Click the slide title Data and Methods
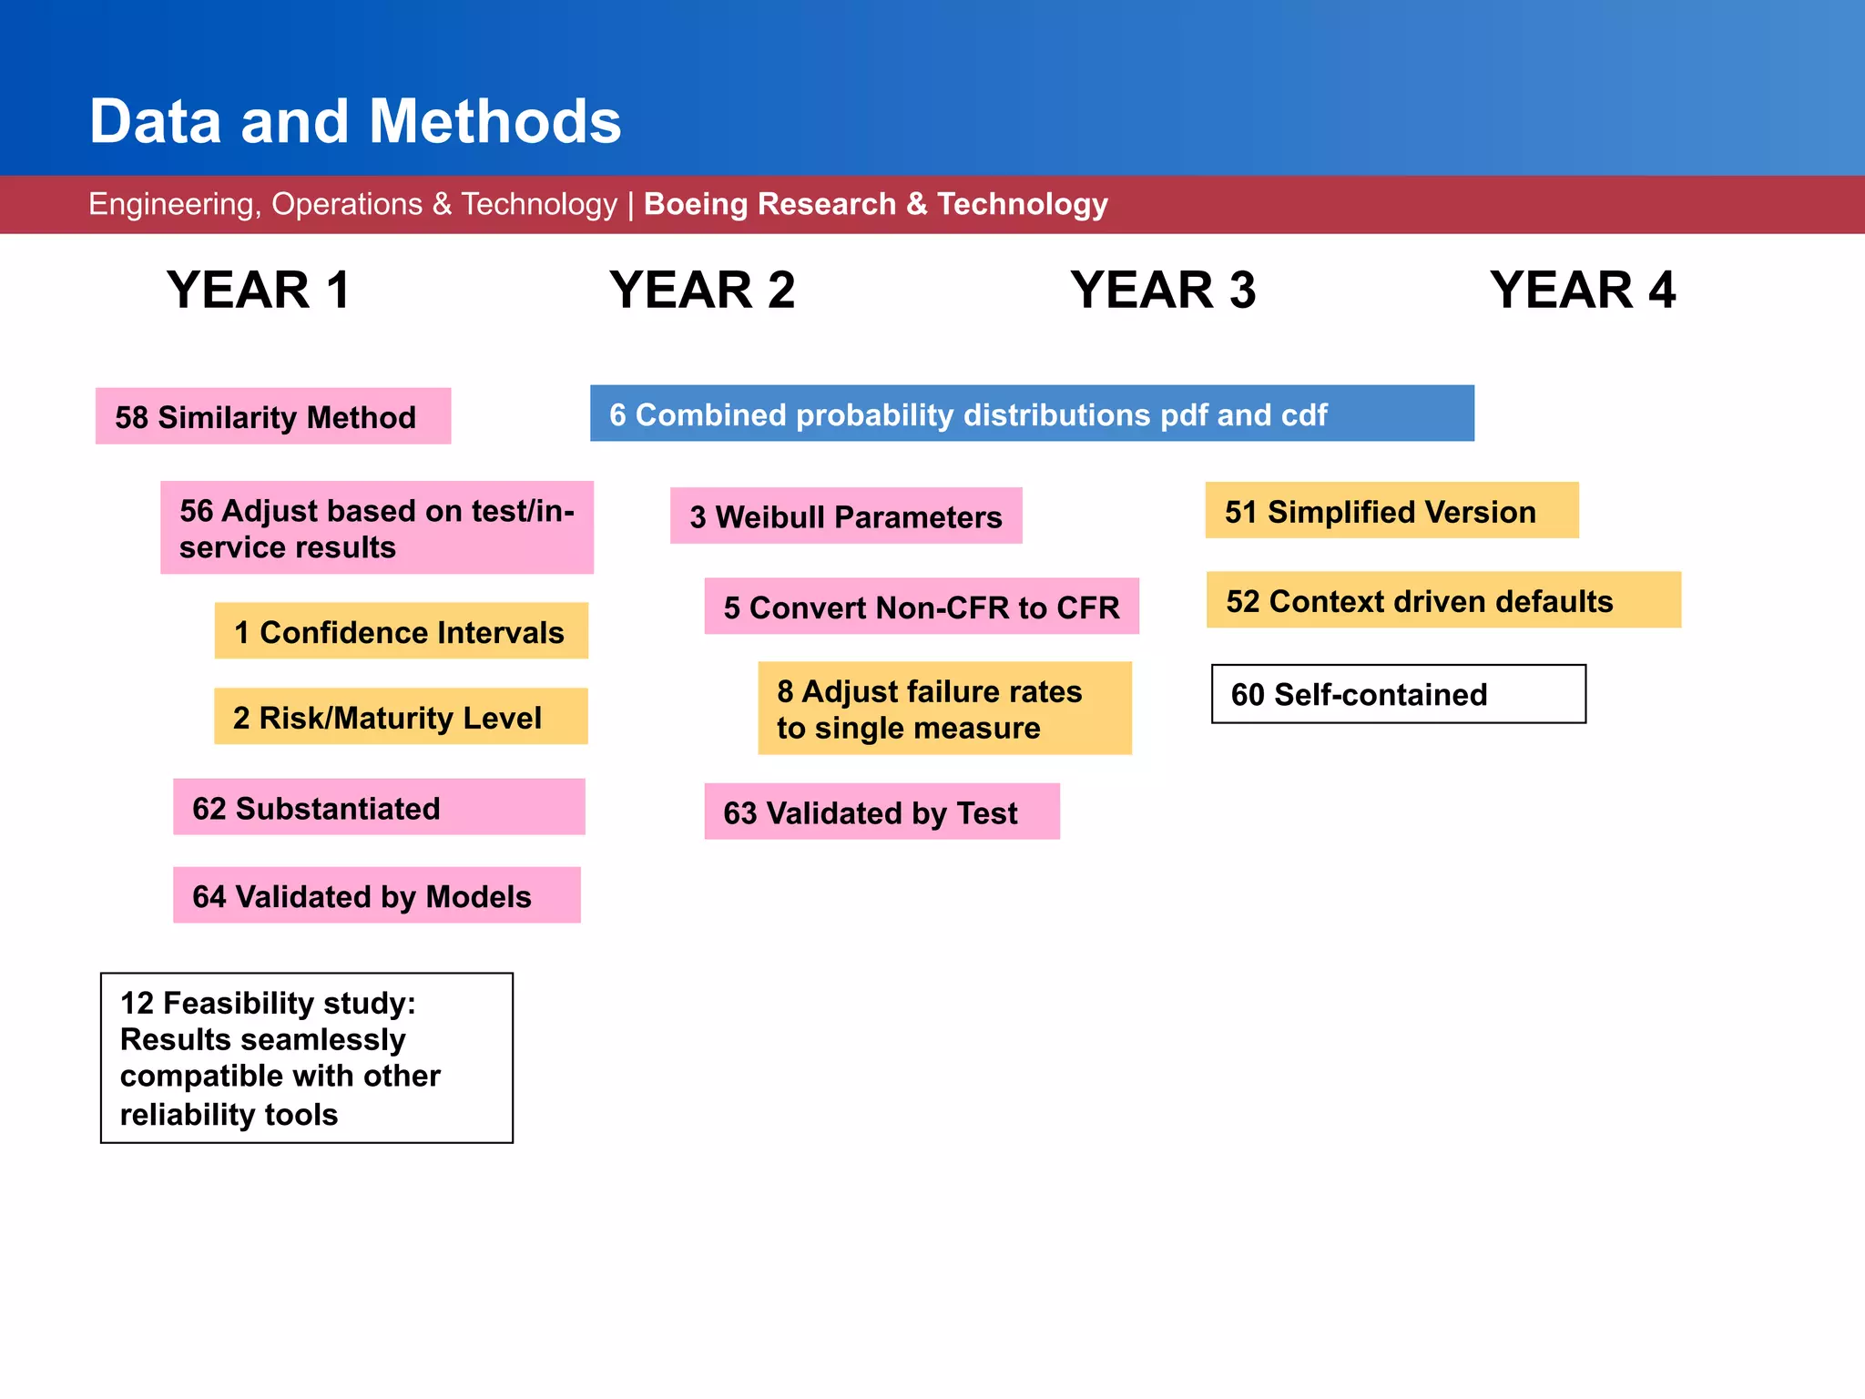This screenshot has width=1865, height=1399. (x=355, y=121)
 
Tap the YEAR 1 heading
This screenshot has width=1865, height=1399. (x=259, y=291)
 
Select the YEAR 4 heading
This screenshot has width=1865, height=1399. (x=1583, y=291)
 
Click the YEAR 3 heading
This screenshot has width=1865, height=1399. (x=1163, y=291)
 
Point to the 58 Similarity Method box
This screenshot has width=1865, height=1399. (x=273, y=417)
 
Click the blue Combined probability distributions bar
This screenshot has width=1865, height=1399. (x=1032, y=414)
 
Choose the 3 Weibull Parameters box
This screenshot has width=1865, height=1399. (x=846, y=516)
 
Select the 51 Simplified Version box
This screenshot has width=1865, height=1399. (x=1391, y=511)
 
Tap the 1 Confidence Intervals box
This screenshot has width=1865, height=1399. (x=401, y=631)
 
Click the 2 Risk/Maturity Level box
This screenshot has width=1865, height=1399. (x=401, y=717)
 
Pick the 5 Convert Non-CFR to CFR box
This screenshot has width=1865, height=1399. (x=922, y=607)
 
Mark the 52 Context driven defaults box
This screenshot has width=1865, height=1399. (x=1443, y=600)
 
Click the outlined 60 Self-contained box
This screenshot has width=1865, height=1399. (x=1399, y=694)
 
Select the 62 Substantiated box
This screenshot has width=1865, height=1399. (x=379, y=807)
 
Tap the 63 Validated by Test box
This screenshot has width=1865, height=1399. (x=882, y=812)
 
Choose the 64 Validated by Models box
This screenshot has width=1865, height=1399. (x=377, y=895)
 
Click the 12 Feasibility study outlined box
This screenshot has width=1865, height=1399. (x=307, y=1058)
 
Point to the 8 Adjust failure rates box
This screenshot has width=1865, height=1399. (x=944, y=709)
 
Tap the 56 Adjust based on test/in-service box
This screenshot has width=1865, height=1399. (x=377, y=528)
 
